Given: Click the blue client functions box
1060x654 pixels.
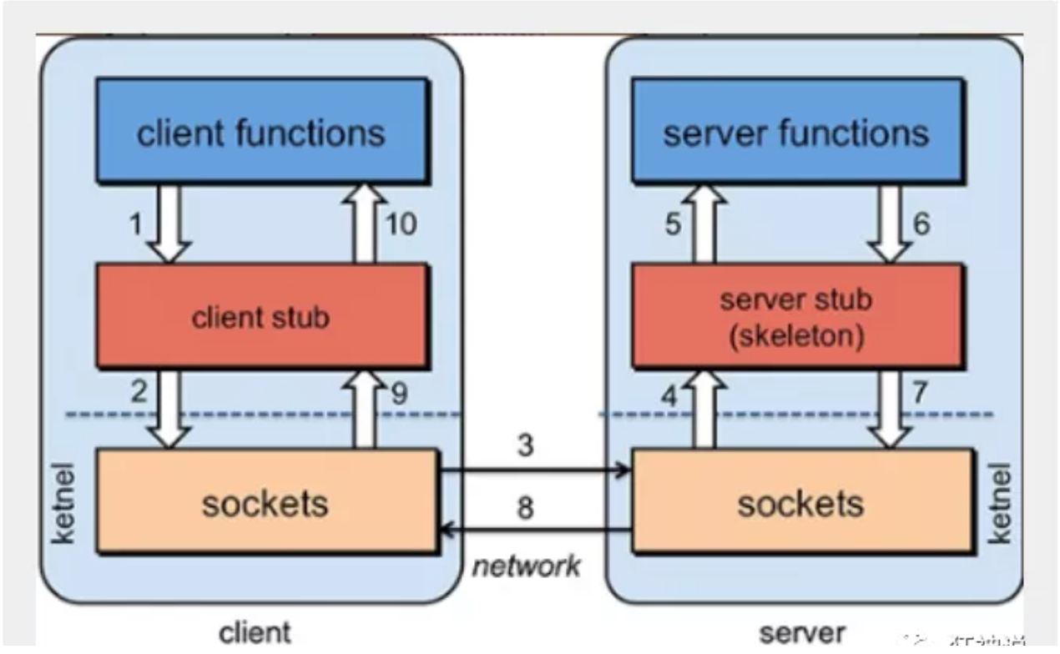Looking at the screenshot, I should point(262,132).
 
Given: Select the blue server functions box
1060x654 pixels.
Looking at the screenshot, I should point(796,132).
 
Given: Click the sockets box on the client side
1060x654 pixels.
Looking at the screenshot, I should point(265,502).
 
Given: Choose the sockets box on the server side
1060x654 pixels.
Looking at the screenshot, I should point(800,502).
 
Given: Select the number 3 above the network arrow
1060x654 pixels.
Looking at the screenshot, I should point(525,446).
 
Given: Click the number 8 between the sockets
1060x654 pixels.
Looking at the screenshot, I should point(525,507).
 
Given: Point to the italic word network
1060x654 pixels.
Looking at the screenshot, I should point(526,566).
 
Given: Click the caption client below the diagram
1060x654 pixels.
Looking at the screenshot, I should point(255,631).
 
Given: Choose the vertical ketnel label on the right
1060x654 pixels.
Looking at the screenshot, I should point(1001,502).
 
